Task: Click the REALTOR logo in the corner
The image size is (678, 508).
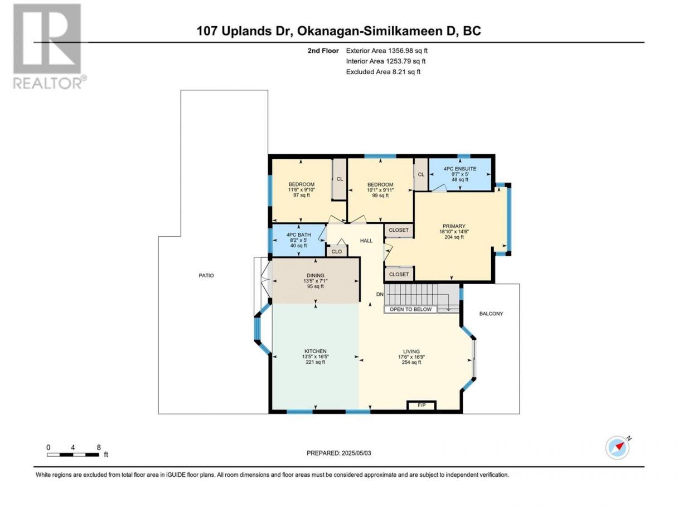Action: coord(49,47)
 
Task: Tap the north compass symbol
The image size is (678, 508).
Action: coord(617,447)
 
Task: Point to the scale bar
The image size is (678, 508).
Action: coord(73,455)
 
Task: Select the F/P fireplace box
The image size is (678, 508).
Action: coord(422,406)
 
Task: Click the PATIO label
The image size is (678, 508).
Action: coord(206,275)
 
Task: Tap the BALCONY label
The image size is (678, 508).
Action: coord(491,314)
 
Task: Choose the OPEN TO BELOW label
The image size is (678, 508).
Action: coord(410,309)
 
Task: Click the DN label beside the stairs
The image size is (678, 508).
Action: coord(380,294)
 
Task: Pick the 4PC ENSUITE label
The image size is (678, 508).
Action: coord(460,169)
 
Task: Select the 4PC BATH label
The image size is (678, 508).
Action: coord(298,235)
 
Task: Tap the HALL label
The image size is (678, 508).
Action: coord(366,241)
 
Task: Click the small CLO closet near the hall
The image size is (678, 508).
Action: coord(337,251)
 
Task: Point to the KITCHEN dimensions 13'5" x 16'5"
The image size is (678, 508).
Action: coord(316,356)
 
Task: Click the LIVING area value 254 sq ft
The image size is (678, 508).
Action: coord(411,362)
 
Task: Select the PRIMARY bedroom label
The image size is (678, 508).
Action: coord(454,226)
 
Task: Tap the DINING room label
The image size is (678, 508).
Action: coord(316,275)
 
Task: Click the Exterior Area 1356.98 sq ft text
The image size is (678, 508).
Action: coord(387,51)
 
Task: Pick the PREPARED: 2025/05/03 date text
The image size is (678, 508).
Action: coord(339,453)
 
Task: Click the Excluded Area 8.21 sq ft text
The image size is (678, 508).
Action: coord(383,72)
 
